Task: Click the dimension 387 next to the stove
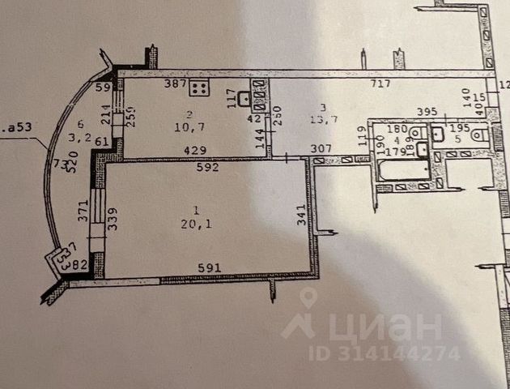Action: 176,83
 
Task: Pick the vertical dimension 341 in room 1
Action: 301,216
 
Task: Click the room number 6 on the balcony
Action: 80,123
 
